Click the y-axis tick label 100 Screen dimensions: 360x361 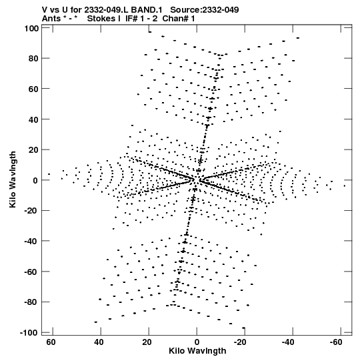31,29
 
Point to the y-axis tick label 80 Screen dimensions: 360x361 33,59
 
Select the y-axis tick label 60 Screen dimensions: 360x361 33,89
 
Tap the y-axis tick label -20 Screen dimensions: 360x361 31,211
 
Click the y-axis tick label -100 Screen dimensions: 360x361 29,332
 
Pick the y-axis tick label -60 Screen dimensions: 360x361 31,272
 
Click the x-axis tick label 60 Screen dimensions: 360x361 51,342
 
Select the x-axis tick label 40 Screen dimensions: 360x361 99,342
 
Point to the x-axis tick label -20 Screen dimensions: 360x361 240,342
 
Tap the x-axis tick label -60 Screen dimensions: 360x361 336,342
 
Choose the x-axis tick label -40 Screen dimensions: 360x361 288,342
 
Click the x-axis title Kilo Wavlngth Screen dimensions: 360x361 197,351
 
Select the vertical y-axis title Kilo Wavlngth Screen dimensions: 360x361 13,179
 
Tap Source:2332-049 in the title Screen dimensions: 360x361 205,9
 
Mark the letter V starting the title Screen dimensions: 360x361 45,9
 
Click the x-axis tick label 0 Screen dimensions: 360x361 197,342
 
